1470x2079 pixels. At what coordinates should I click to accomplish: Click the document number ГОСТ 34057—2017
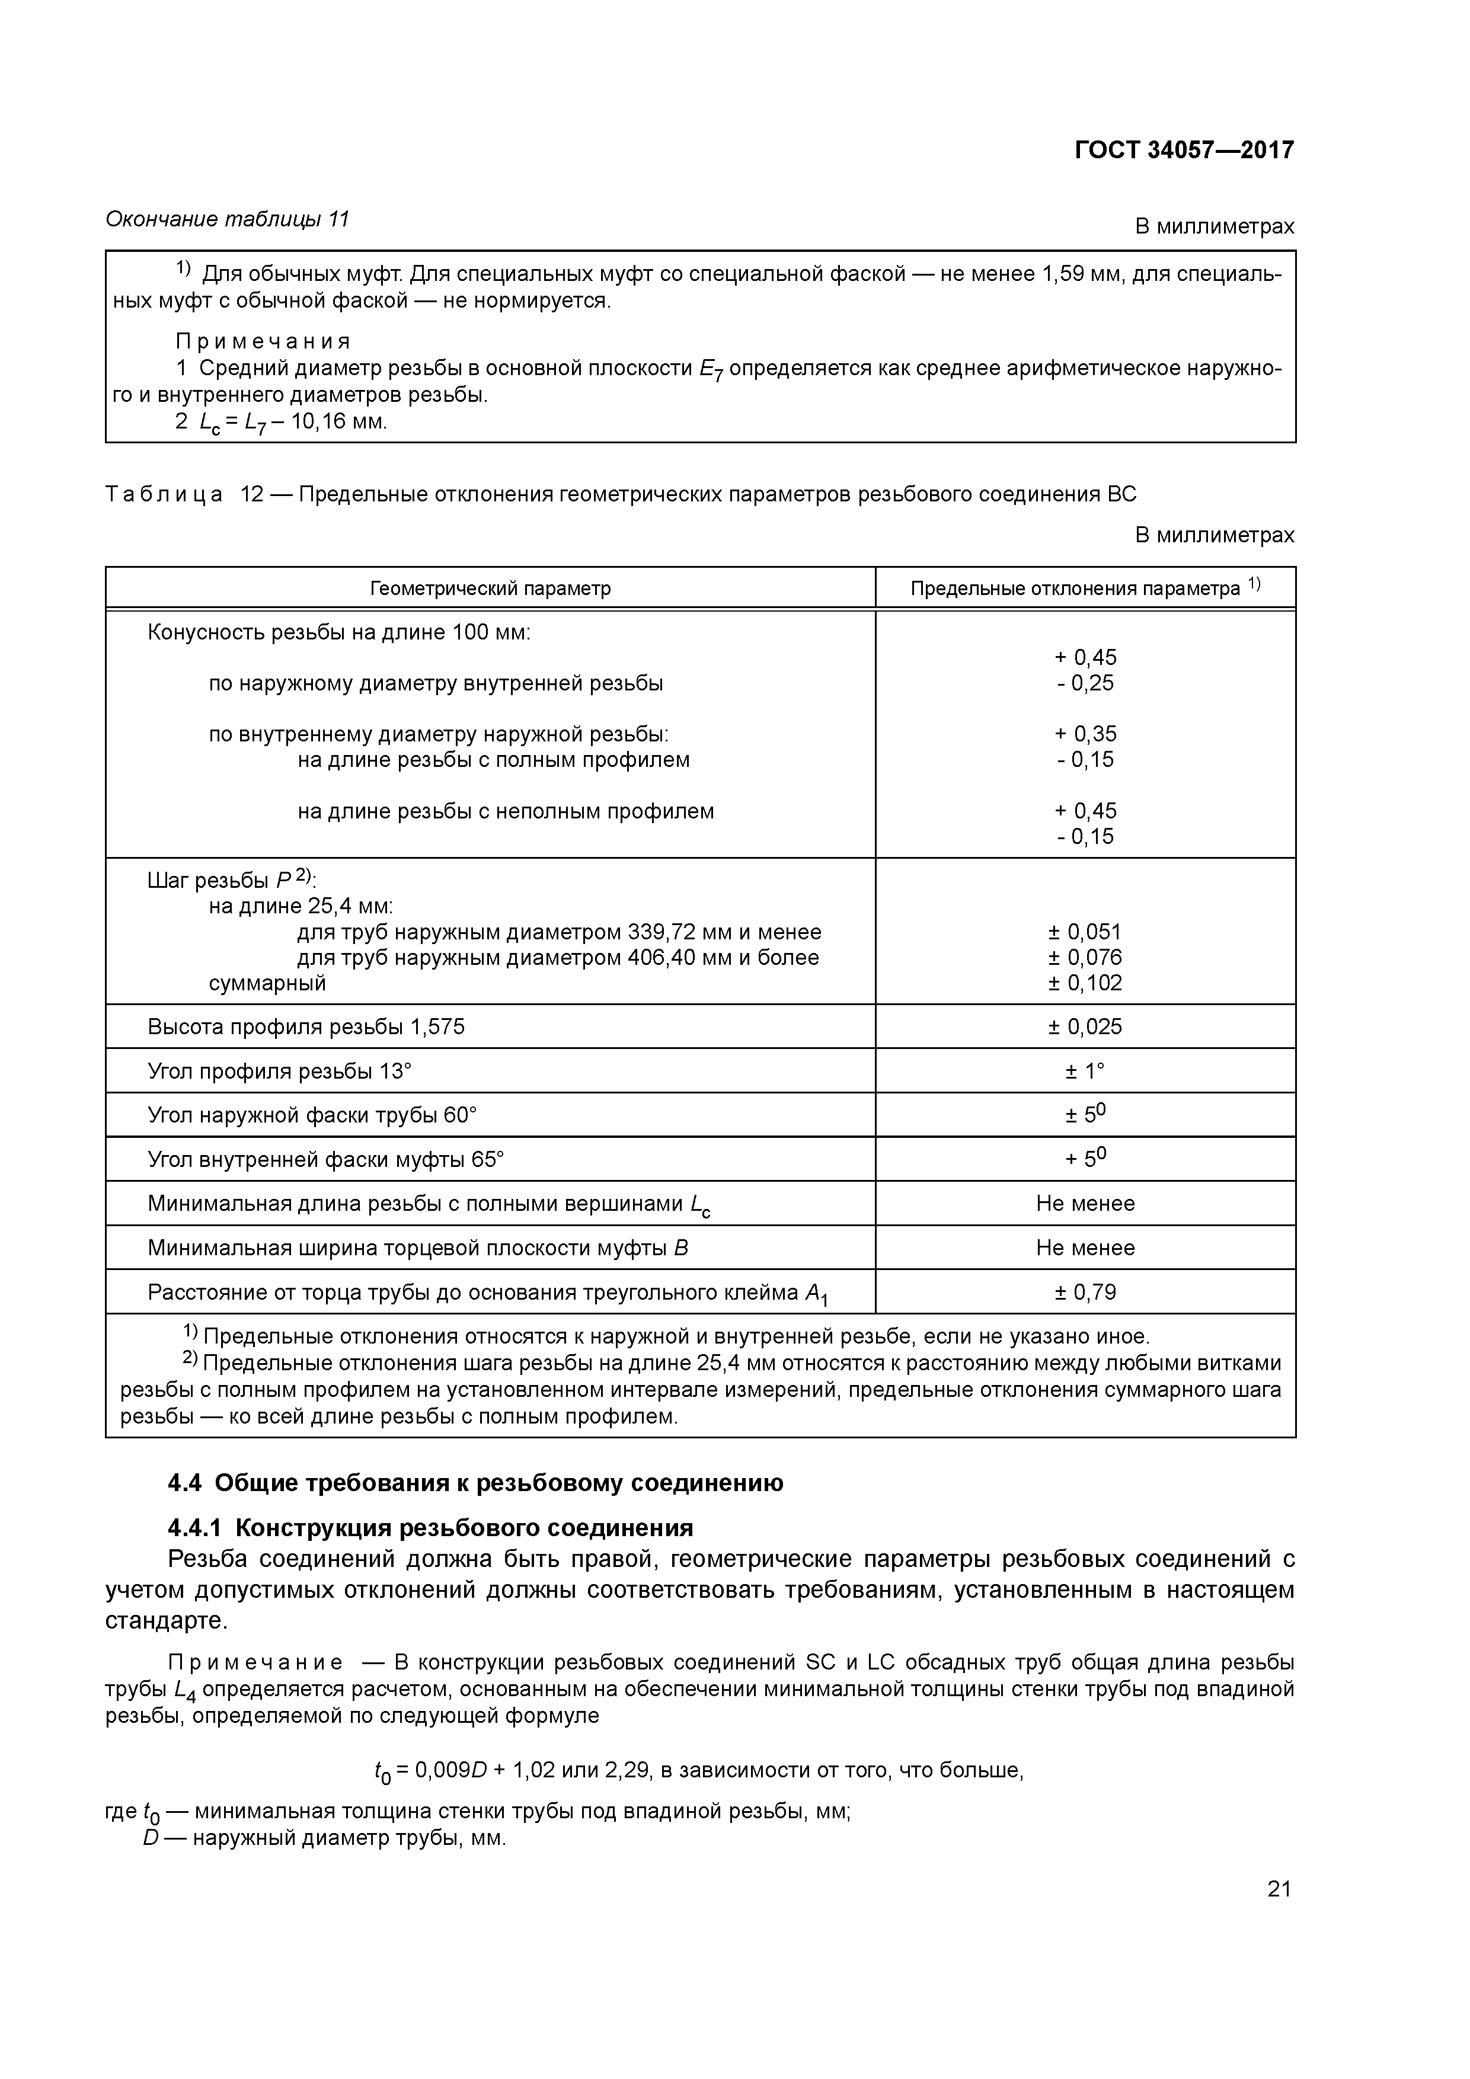coord(1184,149)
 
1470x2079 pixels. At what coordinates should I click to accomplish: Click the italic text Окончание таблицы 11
coord(228,219)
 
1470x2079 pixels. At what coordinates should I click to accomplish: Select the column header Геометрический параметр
coord(490,588)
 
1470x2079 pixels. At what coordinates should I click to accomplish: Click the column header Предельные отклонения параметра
coord(1084,588)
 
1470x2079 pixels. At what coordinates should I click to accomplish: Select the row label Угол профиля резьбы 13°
coord(279,1071)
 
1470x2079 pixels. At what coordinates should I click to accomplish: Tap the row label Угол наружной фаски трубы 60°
coord(312,1115)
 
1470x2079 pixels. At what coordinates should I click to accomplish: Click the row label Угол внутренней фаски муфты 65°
coord(325,1160)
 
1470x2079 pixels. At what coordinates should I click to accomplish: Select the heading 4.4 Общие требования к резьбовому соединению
coord(475,1483)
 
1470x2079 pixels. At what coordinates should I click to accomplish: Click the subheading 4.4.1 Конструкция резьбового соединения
coord(430,1528)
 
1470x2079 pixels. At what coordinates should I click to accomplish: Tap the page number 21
coord(1279,1889)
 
